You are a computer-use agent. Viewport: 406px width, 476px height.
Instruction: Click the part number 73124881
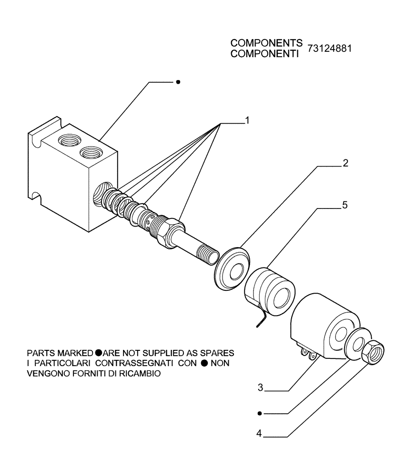tap(330, 49)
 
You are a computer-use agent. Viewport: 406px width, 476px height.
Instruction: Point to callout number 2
tap(345, 163)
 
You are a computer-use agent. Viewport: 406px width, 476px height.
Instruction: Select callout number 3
tap(260, 388)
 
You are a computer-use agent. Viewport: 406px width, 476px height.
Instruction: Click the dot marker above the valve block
tap(178, 82)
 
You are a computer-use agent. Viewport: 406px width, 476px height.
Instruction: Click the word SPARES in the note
tap(218, 353)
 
